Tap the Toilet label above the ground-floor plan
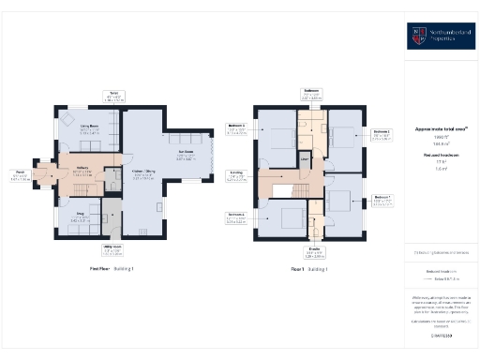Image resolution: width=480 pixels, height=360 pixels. coord(114,95)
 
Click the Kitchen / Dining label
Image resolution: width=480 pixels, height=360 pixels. coord(142,174)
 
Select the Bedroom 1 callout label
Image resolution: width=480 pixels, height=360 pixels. coord(382,199)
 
